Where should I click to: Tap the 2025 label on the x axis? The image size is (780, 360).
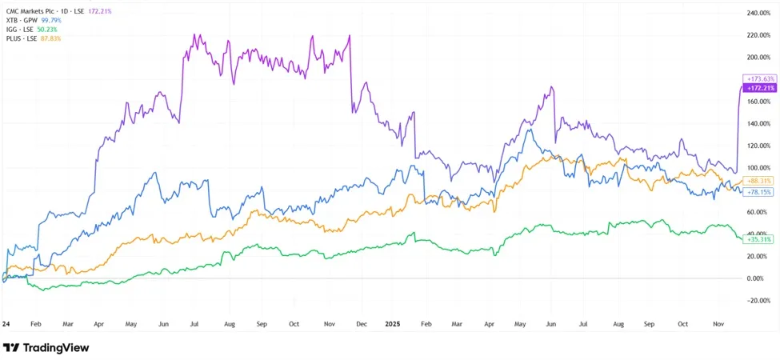(393, 324)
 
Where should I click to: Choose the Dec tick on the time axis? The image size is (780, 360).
(362, 324)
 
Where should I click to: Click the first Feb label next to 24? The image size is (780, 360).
(35, 324)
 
